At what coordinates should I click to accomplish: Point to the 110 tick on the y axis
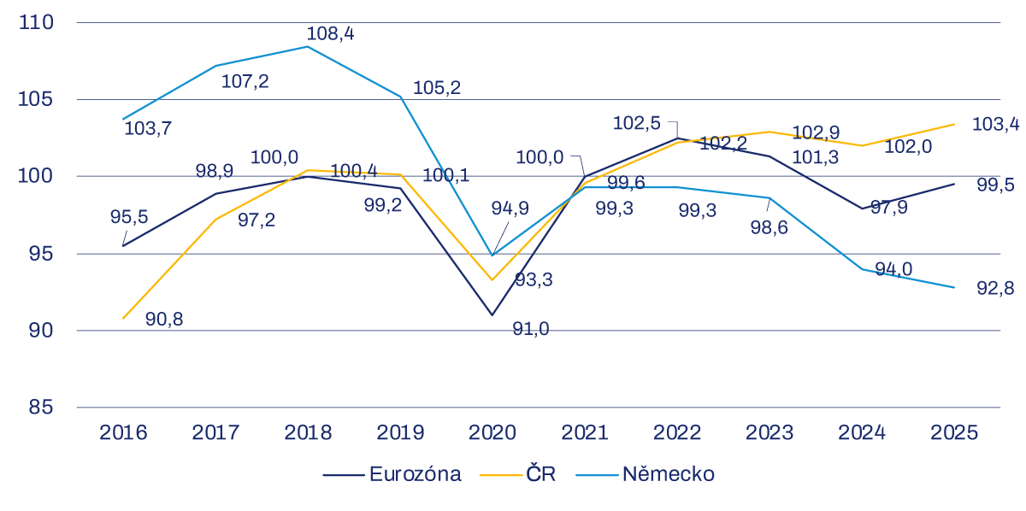pyautogui.click(x=35, y=22)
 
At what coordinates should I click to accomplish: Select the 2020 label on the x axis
pyautogui.click(x=492, y=432)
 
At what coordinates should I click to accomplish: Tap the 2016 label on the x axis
pyautogui.click(x=123, y=432)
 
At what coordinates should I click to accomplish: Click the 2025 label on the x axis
pyautogui.click(x=954, y=432)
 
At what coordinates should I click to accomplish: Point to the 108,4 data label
pyautogui.click(x=330, y=34)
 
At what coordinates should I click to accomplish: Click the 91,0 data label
pyautogui.click(x=531, y=329)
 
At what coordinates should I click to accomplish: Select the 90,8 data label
pyautogui.click(x=164, y=320)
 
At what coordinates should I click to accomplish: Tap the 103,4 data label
pyautogui.click(x=995, y=125)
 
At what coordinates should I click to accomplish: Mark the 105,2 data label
pyautogui.click(x=436, y=87)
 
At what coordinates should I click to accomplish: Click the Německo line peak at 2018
pyautogui.click(x=308, y=46)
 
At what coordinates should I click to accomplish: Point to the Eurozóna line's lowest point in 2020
pyautogui.click(x=492, y=314)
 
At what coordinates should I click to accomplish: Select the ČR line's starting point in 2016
pyautogui.click(x=123, y=318)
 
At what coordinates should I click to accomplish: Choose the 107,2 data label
pyautogui.click(x=245, y=82)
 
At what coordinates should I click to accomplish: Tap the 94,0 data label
pyautogui.click(x=893, y=270)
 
